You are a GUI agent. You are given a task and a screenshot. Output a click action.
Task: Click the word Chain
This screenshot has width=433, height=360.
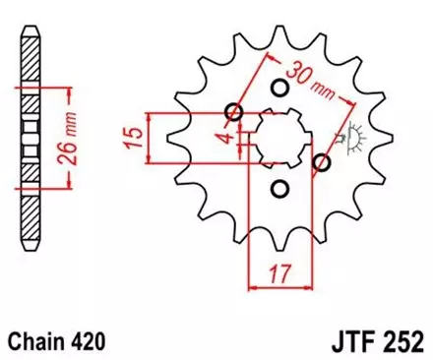click(x=35, y=341)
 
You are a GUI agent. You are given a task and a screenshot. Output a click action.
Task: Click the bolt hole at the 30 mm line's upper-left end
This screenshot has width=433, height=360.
click(x=234, y=112)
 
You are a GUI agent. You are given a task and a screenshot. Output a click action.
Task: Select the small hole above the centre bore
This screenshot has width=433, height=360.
click(x=278, y=90)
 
